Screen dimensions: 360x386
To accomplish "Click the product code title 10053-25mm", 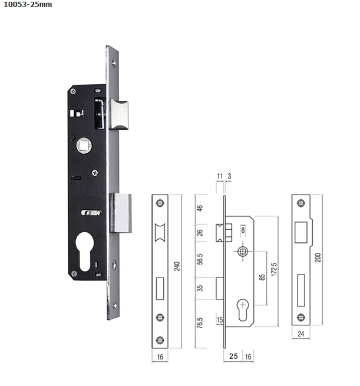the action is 28,5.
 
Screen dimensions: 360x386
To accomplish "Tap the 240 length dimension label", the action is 177,266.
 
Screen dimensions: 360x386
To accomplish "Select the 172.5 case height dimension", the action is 274,269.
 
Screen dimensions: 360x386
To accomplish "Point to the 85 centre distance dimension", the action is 262,277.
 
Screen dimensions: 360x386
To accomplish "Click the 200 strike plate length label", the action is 318,258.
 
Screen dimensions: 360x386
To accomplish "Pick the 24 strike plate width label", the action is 300,334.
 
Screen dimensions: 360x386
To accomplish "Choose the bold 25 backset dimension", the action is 233,356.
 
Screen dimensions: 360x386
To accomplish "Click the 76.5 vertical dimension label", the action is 200,323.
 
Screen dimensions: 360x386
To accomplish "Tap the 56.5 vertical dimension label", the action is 200,259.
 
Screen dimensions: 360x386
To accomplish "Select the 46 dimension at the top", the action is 200,208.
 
